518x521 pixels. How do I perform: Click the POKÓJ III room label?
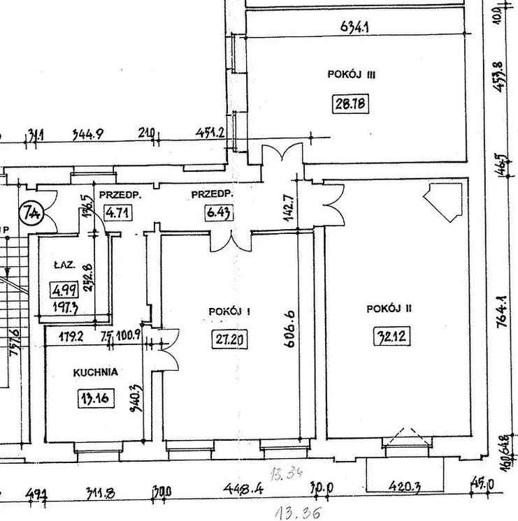[x=352, y=73]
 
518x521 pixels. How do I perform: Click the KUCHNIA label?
[x=96, y=372]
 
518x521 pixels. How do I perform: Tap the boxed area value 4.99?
[x=65, y=288]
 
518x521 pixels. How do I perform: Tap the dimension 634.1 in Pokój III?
[x=355, y=28]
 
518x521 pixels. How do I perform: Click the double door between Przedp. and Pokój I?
[x=231, y=242]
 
